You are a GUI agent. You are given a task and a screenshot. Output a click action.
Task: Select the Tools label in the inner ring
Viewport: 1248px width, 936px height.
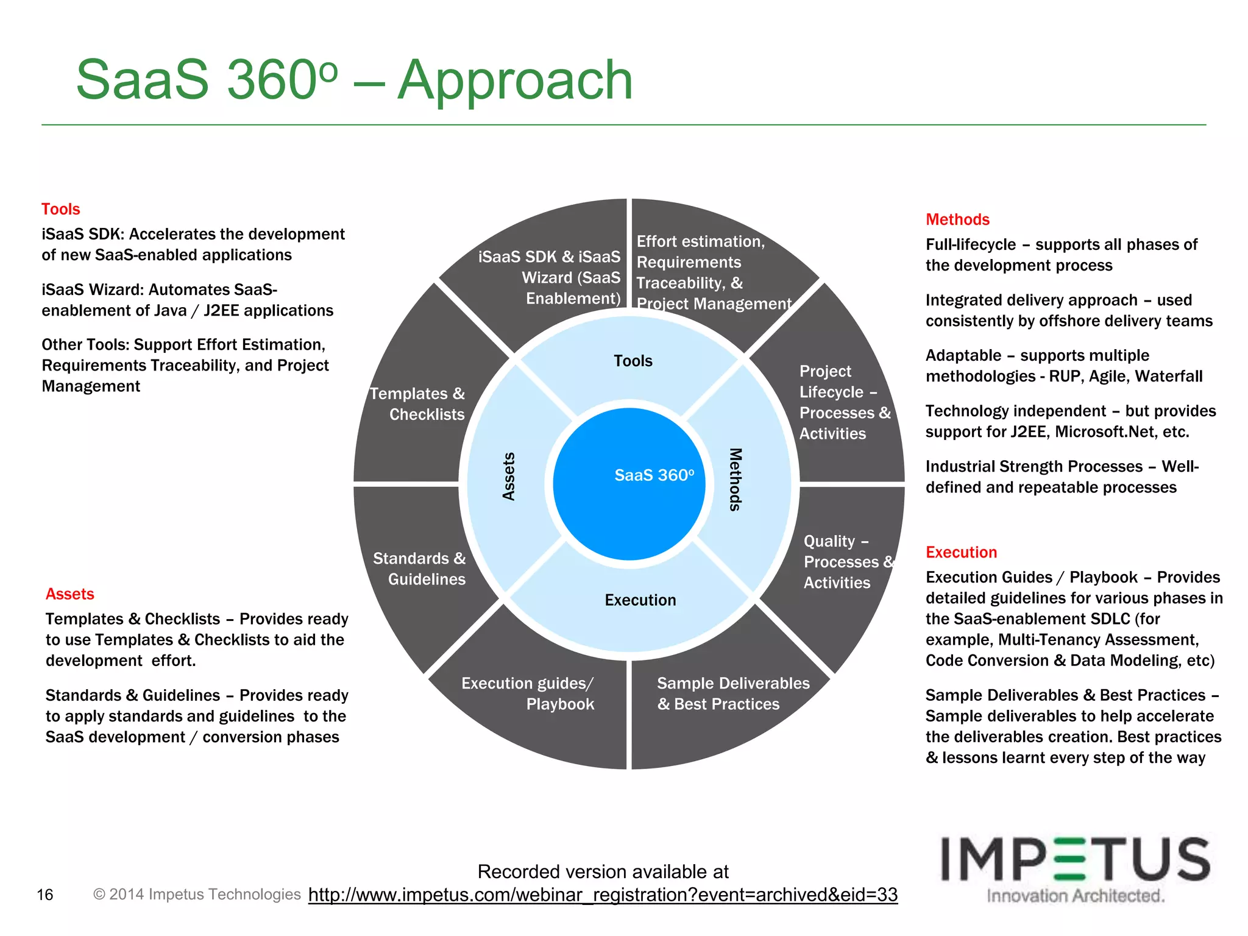pos(633,361)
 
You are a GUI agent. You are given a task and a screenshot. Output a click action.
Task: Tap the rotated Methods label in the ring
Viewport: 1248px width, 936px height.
pos(736,480)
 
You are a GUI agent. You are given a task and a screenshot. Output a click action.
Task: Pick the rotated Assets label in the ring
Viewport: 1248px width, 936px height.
pos(509,477)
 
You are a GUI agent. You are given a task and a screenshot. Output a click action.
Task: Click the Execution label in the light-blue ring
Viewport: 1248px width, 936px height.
pos(640,600)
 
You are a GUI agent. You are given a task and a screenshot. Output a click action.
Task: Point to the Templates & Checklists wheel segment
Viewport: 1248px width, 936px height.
pos(418,404)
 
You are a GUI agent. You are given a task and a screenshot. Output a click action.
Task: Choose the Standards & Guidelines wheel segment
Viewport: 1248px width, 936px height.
pos(419,569)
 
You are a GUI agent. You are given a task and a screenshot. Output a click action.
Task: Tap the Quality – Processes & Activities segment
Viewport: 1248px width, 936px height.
pos(844,562)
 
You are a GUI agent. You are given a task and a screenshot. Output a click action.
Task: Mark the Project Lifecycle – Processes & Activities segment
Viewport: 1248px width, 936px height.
pos(843,402)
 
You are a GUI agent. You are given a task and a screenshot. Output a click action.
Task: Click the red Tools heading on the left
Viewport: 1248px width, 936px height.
pos(60,209)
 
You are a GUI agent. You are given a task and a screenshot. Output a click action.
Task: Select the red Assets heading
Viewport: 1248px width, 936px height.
pos(69,594)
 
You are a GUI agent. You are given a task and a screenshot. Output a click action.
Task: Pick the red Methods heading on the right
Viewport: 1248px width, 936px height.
pos(957,219)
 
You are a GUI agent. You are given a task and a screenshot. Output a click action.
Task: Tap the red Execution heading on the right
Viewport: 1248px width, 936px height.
pos(961,552)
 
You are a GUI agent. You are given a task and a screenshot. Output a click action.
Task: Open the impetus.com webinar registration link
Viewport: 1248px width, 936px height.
pos(603,895)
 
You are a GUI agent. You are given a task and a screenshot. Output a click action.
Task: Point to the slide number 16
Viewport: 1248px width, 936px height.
pos(45,895)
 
